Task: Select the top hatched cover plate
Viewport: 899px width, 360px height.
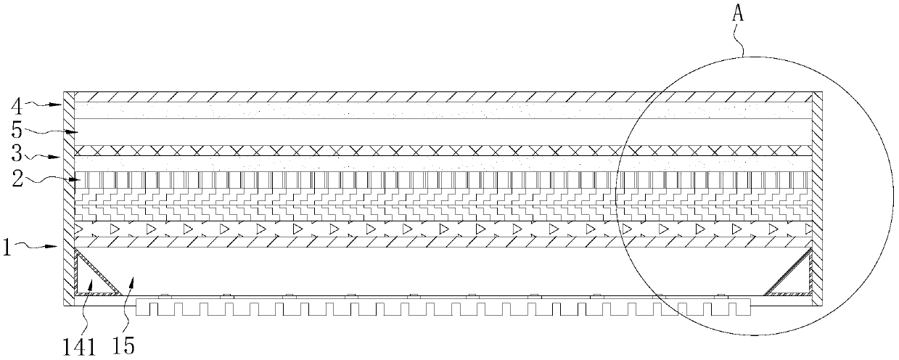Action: (x=443, y=97)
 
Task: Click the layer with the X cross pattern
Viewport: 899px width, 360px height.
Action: (x=443, y=150)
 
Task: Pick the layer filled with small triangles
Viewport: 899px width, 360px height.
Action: (x=443, y=229)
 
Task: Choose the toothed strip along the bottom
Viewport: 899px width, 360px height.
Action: (x=443, y=307)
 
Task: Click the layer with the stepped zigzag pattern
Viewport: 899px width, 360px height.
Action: (x=443, y=205)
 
